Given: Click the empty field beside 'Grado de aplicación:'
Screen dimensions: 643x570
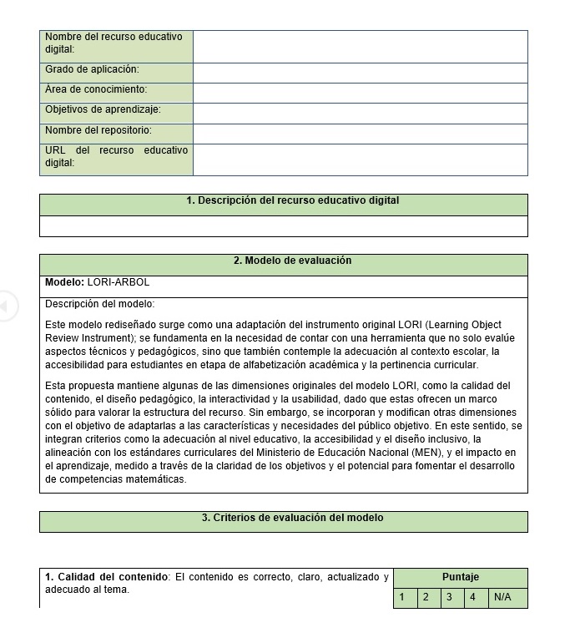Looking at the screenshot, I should pyautogui.click(x=360, y=73).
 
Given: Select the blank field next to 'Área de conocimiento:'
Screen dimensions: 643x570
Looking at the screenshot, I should pyautogui.click(x=360, y=93).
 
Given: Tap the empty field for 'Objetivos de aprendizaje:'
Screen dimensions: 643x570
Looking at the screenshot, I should pyautogui.click(x=360, y=113).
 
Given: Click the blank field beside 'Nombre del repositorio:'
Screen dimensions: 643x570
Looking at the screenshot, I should pyautogui.click(x=360, y=134).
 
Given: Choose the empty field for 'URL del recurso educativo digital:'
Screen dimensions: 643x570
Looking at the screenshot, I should pyautogui.click(x=360, y=159).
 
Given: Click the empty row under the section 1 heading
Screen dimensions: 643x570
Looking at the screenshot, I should pyautogui.click(x=283, y=226).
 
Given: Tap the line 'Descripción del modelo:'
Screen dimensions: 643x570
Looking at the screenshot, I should pyautogui.click(x=100, y=304).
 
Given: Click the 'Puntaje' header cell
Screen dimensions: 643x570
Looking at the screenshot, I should pyautogui.click(x=460, y=577).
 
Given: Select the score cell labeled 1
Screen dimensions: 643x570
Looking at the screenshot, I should pyautogui.click(x=402, y=598).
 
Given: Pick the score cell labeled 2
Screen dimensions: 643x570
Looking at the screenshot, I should pyautogui.click(x=426, y=598).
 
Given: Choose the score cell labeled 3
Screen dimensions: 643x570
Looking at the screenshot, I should pyautogui.click(x=449, y=598).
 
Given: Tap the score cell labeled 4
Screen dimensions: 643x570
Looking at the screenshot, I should pyautogui.click(x=472, y=598).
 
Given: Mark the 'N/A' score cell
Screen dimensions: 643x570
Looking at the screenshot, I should pyautogui.click(x=502, y=598).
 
